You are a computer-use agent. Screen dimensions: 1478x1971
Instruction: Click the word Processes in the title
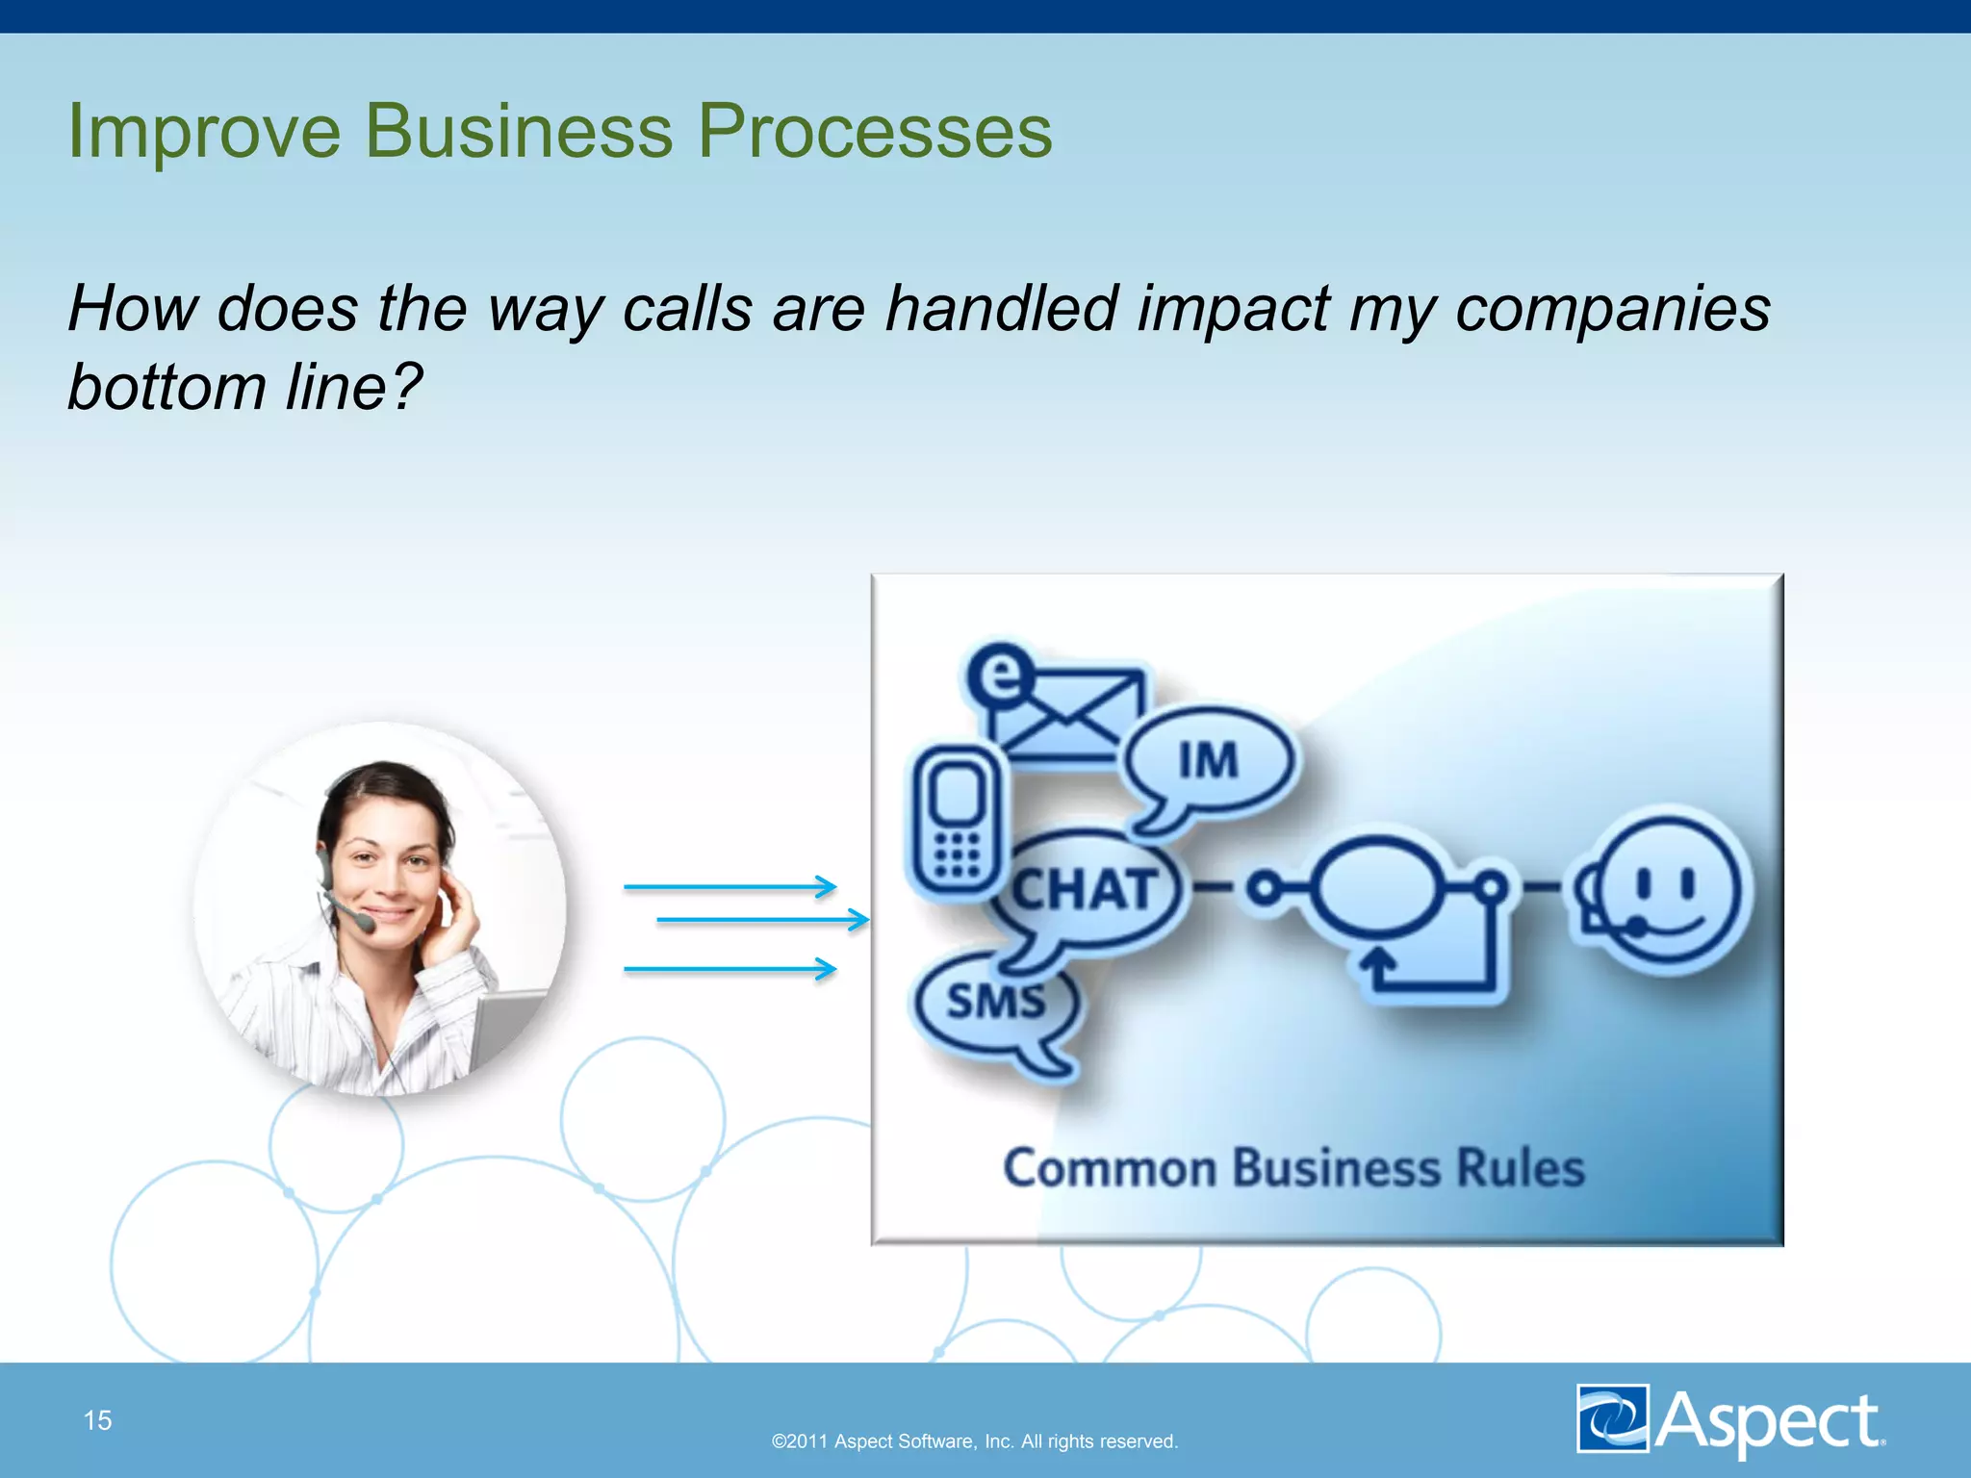(x=874, y=132)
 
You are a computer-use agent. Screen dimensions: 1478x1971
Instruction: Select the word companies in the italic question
(x=1612, y=310)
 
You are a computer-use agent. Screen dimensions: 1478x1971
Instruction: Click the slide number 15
(x=97, y=1420)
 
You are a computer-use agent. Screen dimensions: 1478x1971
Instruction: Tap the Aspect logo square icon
(x=1613, y=1418)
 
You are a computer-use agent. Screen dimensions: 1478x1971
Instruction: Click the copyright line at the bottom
(x=974, y=1441)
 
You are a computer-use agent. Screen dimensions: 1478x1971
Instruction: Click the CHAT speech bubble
(x=1085, y=889)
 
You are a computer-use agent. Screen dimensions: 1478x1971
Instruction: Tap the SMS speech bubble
(x=995, y=1003)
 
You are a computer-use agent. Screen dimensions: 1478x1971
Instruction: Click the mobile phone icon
(x=956, y=823)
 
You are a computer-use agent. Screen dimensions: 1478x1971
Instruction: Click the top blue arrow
(x=730, y=886)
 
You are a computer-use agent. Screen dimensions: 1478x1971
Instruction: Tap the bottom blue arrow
(x=730, y=969)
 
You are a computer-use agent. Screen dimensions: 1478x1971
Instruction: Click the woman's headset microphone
(x=364, y=923)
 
